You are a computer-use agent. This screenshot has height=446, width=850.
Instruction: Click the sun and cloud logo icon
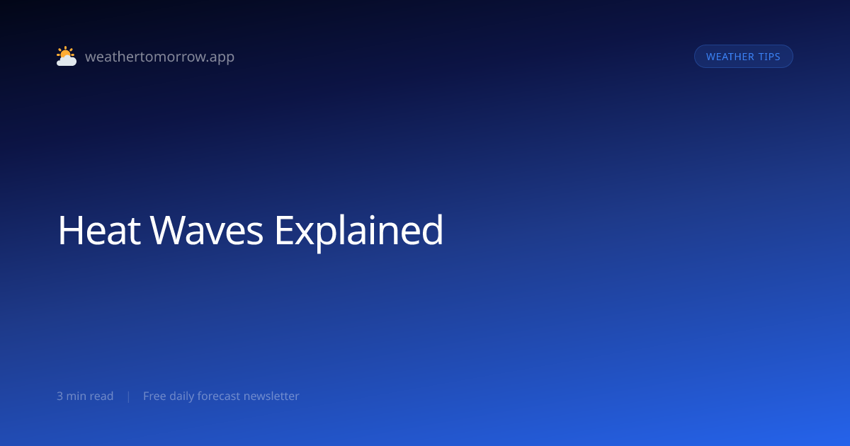pos(67,56)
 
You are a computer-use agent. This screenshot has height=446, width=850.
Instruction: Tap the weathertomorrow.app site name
pos(160,57)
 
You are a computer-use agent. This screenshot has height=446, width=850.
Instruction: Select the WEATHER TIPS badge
pos(743,57)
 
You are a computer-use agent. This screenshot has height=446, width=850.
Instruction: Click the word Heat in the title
pos(99,230)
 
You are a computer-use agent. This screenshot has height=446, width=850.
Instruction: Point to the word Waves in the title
pos(206,230)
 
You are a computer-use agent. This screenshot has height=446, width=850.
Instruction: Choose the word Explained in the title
pos(358,231)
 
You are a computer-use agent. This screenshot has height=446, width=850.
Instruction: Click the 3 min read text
pos(85,396)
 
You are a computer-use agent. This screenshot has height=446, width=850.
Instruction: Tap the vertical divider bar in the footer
pos(129,396)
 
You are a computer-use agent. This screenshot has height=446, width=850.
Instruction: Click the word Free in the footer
pos(154,396)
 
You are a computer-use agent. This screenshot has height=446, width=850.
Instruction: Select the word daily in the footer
pos(181,396)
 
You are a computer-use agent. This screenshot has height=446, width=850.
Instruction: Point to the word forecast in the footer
pos(219,396)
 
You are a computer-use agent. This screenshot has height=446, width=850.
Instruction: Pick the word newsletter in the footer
pos(271,396)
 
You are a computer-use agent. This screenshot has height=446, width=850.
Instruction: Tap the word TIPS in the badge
pos(769,57)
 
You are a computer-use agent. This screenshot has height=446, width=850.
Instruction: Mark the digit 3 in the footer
pos(59,396)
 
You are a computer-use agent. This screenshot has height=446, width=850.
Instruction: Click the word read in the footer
pos(101,396)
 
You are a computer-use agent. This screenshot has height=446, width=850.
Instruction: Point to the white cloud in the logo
pos(67,60)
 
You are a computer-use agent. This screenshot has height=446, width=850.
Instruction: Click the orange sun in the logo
pos(65,52)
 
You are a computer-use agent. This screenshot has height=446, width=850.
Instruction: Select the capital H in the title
pos(71,230)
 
